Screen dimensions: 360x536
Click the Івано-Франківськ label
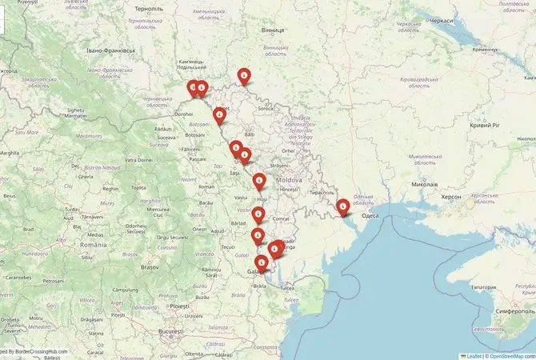point(111,50)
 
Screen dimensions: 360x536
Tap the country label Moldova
point(288,180)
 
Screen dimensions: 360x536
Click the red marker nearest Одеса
point(342,207)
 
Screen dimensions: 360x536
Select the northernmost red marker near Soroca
point(245,75)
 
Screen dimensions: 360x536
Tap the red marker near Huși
point(260,182)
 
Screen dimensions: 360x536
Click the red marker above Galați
point(262,262)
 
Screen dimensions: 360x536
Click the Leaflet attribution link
point(474,356)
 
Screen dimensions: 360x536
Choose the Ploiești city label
point(179,306)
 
